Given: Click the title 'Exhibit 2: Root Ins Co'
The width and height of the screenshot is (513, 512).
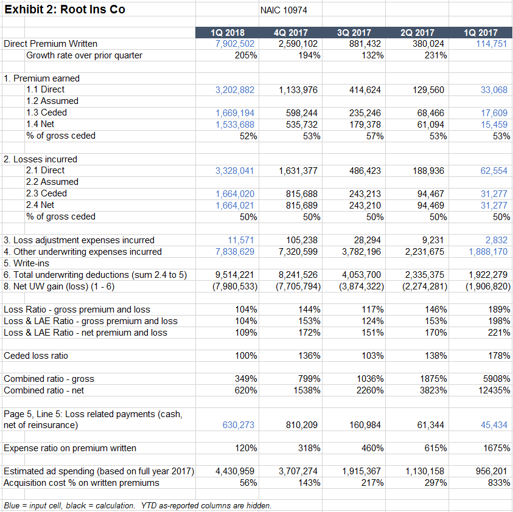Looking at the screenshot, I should click(x=65, y=9).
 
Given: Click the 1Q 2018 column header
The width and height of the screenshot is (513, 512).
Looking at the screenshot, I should click(x=227, y=32).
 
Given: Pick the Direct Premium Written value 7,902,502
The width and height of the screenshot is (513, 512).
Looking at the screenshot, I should click(x=235, y=44).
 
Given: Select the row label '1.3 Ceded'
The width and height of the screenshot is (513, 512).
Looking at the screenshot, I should click(x=46, y=112).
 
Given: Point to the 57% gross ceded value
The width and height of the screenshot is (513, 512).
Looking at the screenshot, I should click(x=372, y=136).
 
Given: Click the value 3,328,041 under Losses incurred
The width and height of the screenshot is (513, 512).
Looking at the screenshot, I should click(x=235, y=171).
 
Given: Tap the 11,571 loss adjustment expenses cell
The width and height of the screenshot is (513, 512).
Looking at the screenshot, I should click(x=241, y=240).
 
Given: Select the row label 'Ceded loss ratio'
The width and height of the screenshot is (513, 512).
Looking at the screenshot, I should click(x=36, y=356).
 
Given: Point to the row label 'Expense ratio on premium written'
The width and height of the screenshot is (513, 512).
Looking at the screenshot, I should click(x=70, y=448).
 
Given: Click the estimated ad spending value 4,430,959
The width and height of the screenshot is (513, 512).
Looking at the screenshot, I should click(x=235, y=471).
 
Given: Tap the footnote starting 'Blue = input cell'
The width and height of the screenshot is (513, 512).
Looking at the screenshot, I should click(x=138, y=505).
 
